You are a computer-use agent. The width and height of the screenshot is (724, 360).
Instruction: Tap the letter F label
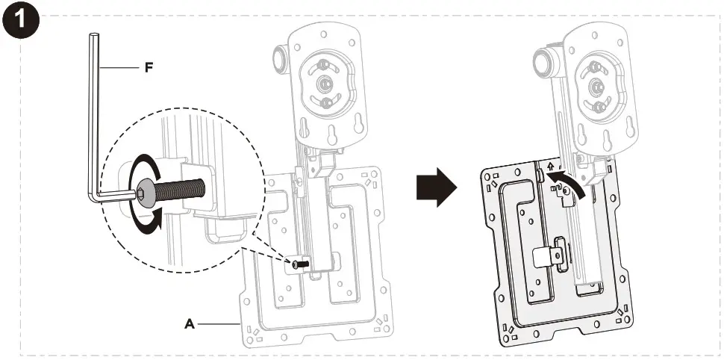[149, 67]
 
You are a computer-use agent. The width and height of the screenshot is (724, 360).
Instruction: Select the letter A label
[190, 324]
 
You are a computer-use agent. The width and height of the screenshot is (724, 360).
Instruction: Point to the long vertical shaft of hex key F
[93, 112]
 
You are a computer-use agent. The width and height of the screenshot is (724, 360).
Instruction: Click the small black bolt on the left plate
[299, 264]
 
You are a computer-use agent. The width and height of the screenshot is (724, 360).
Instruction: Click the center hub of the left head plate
[326, 84]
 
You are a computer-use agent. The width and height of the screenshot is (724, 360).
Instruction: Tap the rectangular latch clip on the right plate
[549, 254]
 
